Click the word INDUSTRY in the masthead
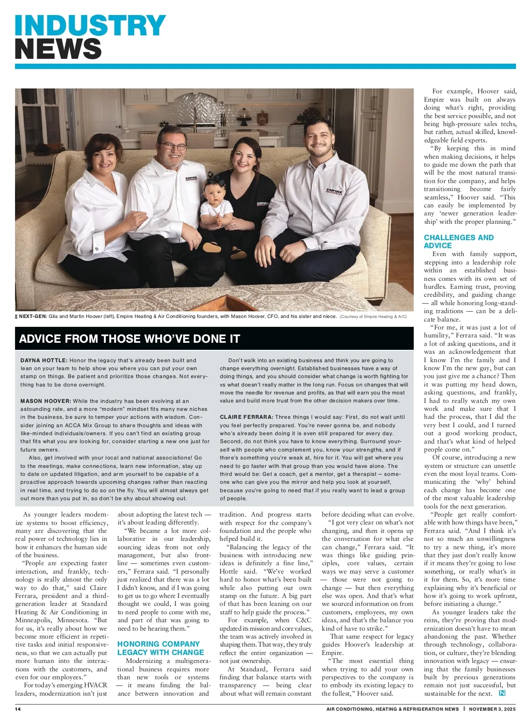coord(90,25)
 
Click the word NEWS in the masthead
coord(58,49)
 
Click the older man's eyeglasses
coord(172,146)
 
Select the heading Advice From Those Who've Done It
coord(129,339)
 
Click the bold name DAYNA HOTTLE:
coord(44,360)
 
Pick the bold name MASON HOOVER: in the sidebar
coord(46,401)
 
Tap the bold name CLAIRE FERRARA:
coord(246,417)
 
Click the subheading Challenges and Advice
coord(458,241)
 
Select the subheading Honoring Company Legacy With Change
coord(160,648)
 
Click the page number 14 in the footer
coord(18,709)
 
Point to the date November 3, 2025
coord(492,709)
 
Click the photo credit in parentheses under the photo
coord(373,317)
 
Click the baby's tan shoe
coord(239,254)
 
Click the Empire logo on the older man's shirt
coord(191,180)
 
